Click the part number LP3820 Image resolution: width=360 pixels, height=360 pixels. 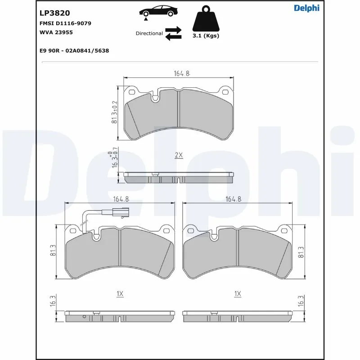[54, 13]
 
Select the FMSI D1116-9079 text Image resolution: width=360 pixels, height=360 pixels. [66, 23]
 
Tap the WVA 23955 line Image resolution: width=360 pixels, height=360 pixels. [56, 32]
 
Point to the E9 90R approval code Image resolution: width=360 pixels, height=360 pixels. [74, 51]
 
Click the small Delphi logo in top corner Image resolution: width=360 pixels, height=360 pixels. [306, 8]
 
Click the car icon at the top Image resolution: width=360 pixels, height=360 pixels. [157, 12]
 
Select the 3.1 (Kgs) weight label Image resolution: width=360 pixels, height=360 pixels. [206, 36]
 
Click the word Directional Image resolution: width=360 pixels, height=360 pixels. [149, 34]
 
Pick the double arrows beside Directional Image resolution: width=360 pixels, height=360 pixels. [173, 33]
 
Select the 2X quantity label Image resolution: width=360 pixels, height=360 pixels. [179, 155]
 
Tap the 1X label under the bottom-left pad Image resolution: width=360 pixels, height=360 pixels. [119, 294]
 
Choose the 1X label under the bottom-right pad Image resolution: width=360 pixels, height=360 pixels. [238, 294]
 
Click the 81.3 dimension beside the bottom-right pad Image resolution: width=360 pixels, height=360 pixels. [301, 252]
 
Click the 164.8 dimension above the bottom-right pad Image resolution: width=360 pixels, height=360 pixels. [234, 199]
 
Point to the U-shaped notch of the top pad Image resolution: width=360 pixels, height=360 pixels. [155, 98]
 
